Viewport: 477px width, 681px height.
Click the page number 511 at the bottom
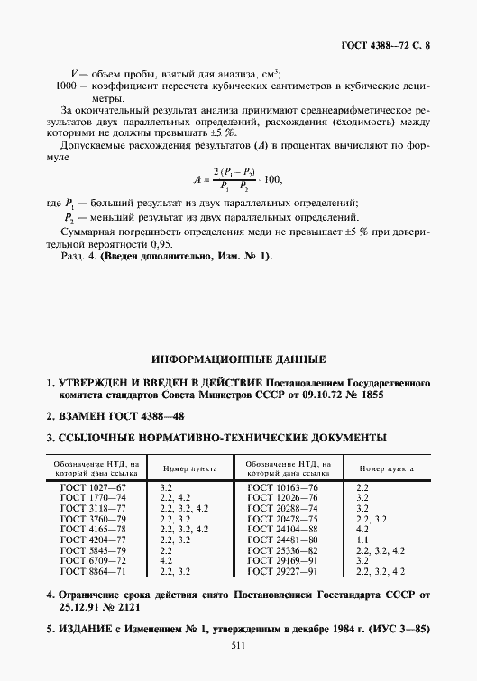(x=238, y=644)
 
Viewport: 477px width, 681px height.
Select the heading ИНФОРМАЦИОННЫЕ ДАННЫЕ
(x=238, y=358)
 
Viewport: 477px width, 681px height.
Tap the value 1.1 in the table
(x=363, y=540)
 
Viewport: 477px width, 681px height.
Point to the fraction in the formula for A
(x=235, y=178)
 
